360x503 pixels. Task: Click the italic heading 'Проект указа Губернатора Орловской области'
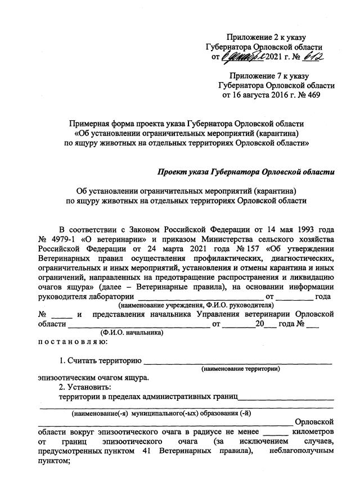click(246, 171)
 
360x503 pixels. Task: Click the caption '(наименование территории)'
click(241, 369)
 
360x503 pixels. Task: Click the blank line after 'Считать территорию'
click(238, 360)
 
